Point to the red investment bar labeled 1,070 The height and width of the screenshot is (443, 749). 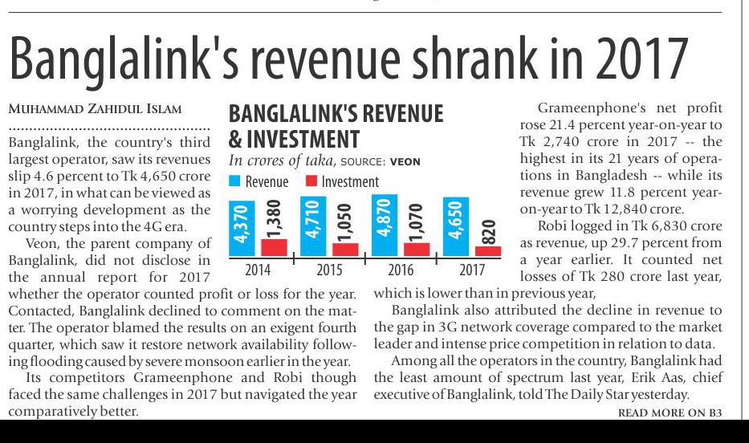[417, 249]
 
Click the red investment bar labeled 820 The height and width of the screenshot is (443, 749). [488, 251]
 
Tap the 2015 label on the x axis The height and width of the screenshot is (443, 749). [329, 270]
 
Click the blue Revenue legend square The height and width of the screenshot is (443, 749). [234, 181]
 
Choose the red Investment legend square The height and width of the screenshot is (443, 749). [311, 181]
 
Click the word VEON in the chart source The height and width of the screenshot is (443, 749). [405, 162]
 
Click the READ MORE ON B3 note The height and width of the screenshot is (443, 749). [670, 413]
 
